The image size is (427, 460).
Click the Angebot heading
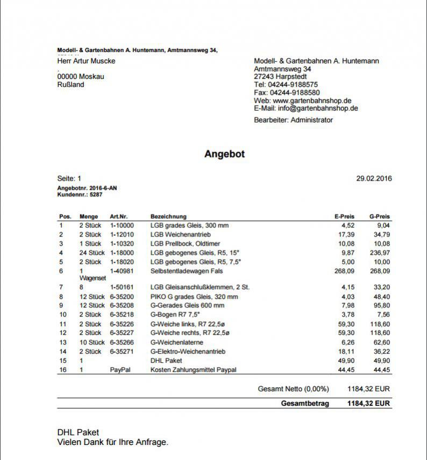tap(224, 154)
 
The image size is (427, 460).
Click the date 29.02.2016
tap(374, 178)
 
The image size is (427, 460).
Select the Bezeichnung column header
tap(168, 217)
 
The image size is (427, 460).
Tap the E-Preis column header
tap(344, 217)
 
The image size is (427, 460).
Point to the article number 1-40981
tap(122, 271)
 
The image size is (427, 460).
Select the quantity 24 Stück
tap(92, 253)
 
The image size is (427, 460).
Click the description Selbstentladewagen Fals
tap(187, 271)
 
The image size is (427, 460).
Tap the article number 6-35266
tap(122, 342)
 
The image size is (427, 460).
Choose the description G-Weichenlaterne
tap(176, 342)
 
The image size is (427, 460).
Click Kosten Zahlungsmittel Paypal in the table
tap(193, 370)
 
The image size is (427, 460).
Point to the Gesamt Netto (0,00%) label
tap(293, 389)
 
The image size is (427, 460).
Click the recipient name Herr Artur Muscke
tap(86, 61)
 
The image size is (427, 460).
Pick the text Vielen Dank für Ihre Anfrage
tap(113, 442)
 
